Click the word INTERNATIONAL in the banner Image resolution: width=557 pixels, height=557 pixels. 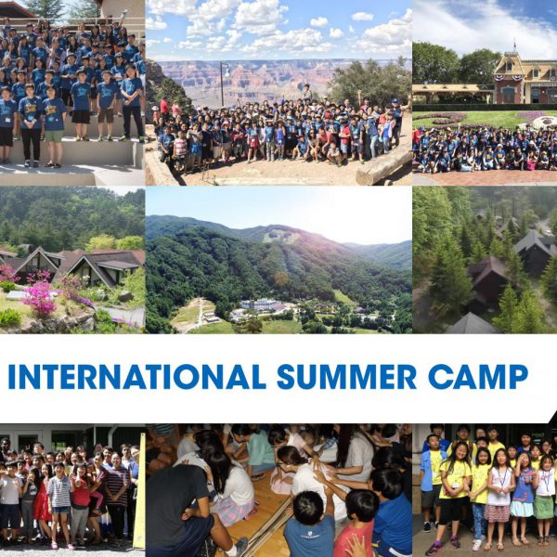point(136,377)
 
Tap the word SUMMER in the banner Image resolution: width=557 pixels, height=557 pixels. point(346,377)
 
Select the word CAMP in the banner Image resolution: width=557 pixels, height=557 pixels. point(478,377)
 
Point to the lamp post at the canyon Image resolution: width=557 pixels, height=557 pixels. point(223,84)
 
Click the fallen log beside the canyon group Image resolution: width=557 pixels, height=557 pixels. point(383,166)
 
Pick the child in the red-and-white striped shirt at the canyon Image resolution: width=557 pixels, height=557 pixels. point(180,146)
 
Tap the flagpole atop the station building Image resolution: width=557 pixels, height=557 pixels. point(514,48)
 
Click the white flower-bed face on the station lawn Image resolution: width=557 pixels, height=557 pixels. point(544,123)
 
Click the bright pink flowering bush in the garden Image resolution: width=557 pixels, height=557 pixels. point(39,299)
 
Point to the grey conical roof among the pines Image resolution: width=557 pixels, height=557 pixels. point(472,323)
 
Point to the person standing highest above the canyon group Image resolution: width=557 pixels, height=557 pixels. point(307,92)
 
